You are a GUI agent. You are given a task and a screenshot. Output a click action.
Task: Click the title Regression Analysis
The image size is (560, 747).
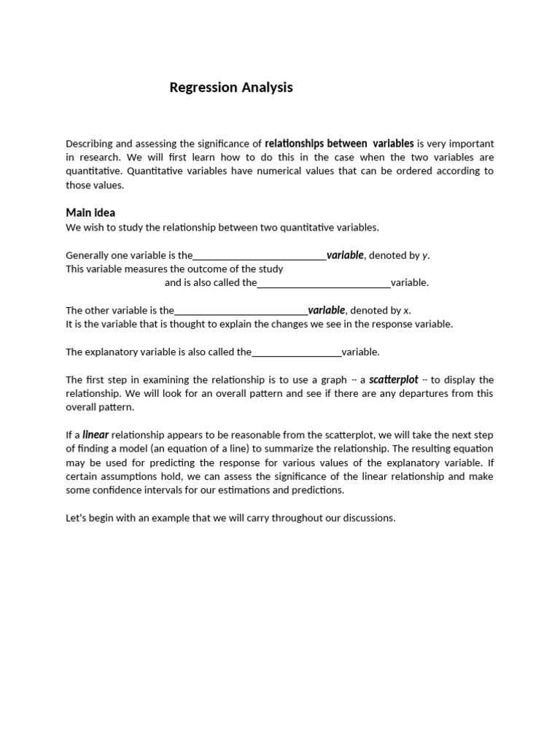pyautogui.click(x=230, y=88)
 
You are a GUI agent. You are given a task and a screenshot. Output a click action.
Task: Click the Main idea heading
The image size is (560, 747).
pyautogui.click(x=90, y=213)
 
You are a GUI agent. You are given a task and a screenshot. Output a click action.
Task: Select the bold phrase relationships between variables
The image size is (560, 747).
pyautogui.click(x=339, y=144)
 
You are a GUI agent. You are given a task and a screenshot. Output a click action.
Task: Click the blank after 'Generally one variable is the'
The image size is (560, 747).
pyautogui.click(x=260, y=256)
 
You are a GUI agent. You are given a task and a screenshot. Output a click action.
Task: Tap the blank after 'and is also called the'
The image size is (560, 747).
pyautogui.click(x=324, y=283)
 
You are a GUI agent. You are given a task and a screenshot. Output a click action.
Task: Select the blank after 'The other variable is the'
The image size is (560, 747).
pyautogui.click(x=241, y=311)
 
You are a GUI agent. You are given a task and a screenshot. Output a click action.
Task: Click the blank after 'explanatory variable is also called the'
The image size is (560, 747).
pyautogui.click(x=296, y=352)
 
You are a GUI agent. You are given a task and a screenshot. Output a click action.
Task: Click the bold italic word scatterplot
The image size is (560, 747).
pyautogui.click(x=394, y=380)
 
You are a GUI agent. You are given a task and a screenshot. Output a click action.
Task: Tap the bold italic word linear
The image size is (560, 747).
pyautogui.click(x=96, y=435)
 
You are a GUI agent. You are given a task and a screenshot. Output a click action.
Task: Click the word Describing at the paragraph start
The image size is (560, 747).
pyautogui.click(x=90, y=144)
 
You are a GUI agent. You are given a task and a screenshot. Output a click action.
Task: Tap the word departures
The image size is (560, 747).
pyautogui.click(x=437, y=394)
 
